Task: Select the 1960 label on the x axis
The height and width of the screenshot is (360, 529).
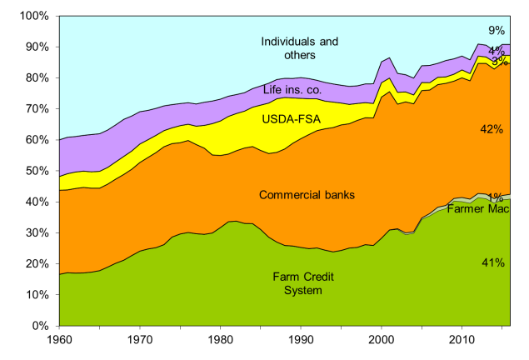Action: pos(59,340)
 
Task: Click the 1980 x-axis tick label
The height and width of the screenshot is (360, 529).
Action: pos(220,340)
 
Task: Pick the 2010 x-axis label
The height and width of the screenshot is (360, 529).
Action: pos(462,340)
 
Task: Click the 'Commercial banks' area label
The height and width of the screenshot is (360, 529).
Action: pos(306,195)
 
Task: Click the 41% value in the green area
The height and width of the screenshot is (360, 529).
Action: pos(493,262)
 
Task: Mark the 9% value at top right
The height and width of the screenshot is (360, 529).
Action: pos(497,31)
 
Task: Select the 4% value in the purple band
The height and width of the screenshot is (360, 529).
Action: pos(496,50)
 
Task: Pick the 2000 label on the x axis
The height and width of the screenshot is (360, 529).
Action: pos(381,340)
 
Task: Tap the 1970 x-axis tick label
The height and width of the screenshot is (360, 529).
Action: pos(140,340)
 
